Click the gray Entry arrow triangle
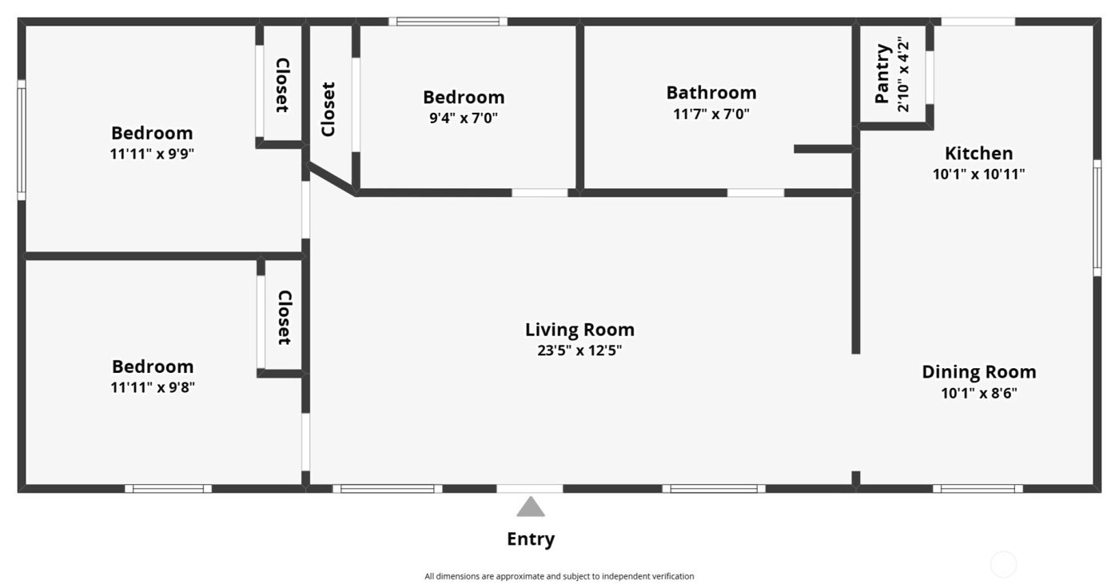(530, 508)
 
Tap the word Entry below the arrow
(531, 539)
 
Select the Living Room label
(579, 329)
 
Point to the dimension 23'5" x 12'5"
(579, 350)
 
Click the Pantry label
(882, 74)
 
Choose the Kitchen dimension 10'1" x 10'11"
(978, 174)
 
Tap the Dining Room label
(978, 372)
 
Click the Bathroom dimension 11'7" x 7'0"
(711, 114)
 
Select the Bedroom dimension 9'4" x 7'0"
(464, 118)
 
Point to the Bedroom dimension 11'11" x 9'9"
(152, 154)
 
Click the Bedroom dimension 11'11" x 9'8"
(152, 387)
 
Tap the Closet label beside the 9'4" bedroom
(328, 110)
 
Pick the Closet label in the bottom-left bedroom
(283, 318)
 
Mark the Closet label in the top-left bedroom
(281, 86)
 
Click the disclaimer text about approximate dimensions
(559, 576)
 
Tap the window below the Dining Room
(978, 488)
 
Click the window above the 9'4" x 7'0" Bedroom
(448, 22)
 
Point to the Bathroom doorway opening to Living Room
(755, 193)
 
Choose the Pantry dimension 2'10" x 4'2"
(903, 74)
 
